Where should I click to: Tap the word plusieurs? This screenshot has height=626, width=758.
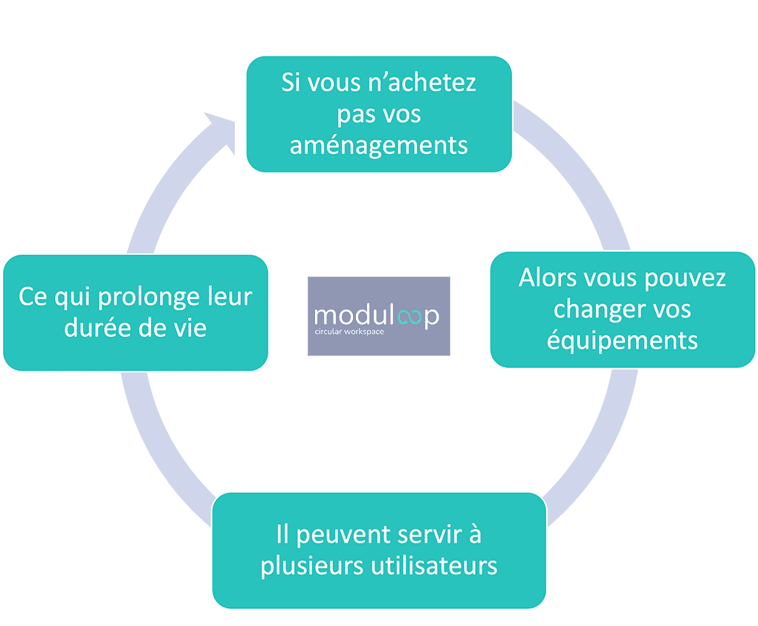point(311,566)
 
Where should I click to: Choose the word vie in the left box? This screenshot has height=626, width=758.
point(190,328)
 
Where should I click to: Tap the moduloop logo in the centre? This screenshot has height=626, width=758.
point(379,316)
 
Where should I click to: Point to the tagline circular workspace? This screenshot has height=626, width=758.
point(349,332)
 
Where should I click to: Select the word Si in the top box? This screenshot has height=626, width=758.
point(292,82)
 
